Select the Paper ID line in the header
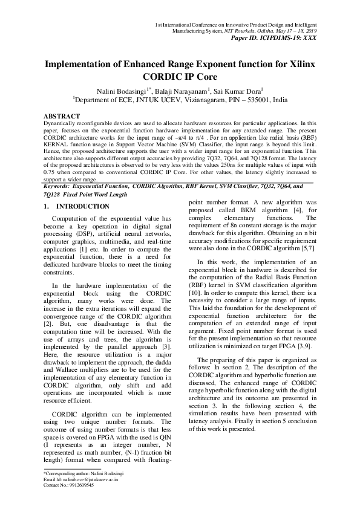pos(280,37)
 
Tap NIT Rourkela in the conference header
pos(238,30)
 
